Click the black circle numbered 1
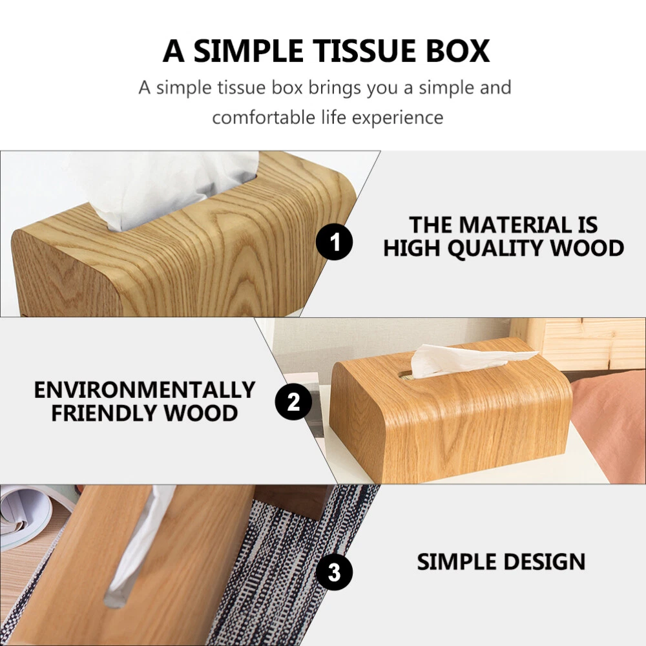(x=334, y=242)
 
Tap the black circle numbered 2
(x=293, y=402)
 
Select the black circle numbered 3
(x=334, y=572)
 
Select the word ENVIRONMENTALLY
(x=145, y=390)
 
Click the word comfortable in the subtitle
(x=264, y=118)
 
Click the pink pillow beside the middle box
(x=610, y=424)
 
